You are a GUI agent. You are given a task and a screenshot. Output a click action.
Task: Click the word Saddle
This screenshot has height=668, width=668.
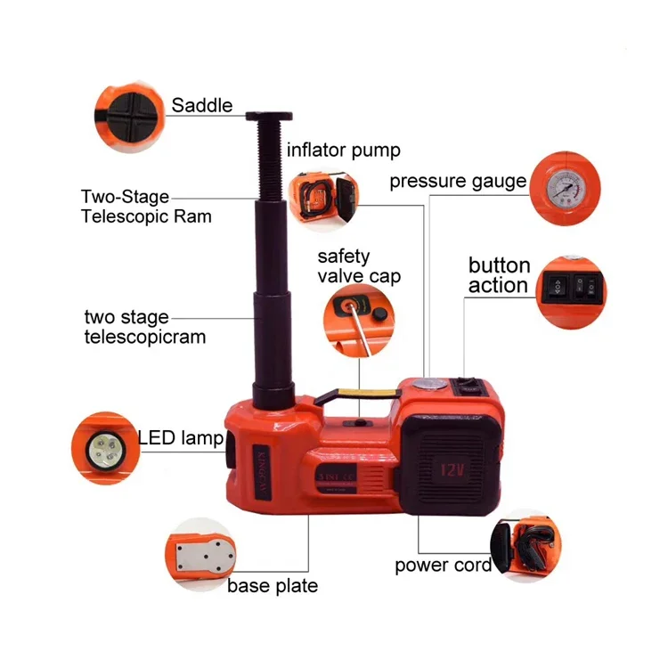[x=202, y=105]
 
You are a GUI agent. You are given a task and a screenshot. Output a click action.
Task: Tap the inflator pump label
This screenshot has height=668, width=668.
[x=330, y=150]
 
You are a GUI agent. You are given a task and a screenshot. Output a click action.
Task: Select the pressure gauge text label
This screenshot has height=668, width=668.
[x=458, y=182]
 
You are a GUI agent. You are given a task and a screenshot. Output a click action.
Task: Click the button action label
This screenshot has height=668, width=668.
[x=499, y=276]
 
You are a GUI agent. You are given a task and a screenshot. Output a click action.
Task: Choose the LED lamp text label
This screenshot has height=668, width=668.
[x=181, y=437]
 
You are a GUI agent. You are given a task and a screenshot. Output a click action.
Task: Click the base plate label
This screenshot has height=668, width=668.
[x=272, y=586]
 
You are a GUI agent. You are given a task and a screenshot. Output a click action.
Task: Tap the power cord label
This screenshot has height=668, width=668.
[x=443, y=566]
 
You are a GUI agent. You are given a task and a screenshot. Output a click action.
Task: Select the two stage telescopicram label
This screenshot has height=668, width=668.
[x=145, y=327]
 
